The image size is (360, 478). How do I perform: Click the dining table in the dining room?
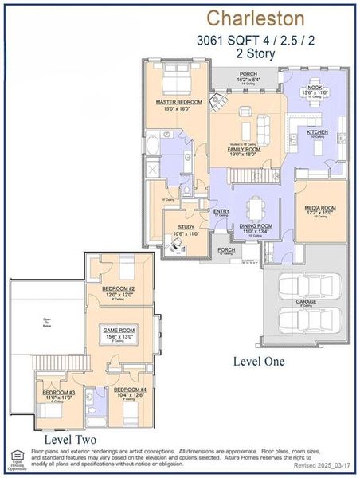(255, 209)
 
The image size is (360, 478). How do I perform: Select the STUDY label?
(186, 227)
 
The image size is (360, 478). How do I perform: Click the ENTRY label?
(221, 211)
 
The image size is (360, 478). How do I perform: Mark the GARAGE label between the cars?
(307, 302)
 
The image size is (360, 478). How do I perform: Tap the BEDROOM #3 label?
(59, 393)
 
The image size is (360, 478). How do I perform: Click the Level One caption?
(258, 361)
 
